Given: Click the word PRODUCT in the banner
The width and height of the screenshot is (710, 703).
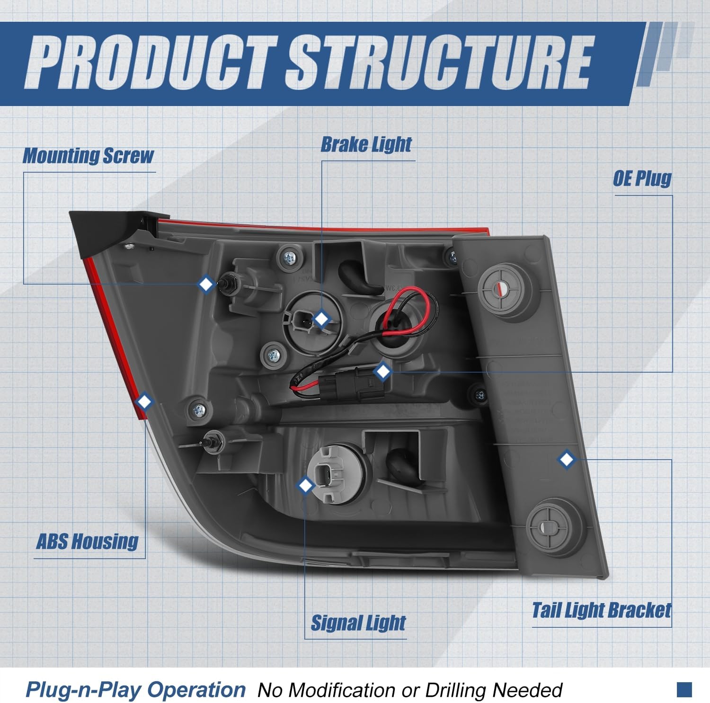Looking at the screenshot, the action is [151, 63].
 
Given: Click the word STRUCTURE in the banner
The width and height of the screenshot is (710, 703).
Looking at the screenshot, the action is [439, 63].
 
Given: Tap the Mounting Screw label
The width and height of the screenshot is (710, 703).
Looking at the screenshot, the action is [89, 156].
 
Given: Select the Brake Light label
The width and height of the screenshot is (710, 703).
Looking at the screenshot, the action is [366, 144].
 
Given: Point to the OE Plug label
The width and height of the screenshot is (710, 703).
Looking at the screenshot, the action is [642, 178].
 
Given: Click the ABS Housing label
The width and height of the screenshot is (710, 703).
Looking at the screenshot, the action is [87, 541].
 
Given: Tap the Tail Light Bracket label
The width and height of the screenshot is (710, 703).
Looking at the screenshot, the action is [602, 610].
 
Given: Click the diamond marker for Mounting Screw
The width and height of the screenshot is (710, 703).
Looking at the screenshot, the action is [206, 285].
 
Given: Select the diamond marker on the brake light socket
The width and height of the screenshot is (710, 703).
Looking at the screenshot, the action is [322, 319].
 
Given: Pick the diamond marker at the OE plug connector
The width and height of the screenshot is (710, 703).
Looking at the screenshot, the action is [382, 372].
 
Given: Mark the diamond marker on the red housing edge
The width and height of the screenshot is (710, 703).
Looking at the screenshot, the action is [144, 402].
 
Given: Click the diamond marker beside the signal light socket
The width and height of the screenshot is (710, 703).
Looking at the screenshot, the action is [306, 485].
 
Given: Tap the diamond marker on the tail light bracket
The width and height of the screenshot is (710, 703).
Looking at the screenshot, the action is [567, 459].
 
